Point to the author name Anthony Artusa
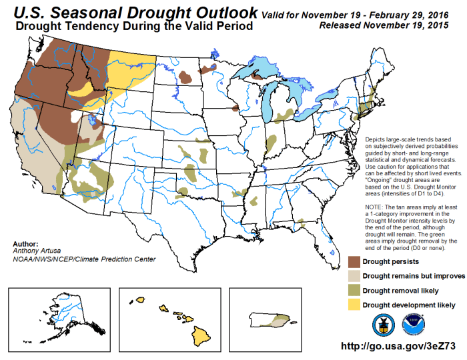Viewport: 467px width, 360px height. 36,251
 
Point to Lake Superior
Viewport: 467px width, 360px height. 257,67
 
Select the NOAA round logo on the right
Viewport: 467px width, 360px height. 408,324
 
